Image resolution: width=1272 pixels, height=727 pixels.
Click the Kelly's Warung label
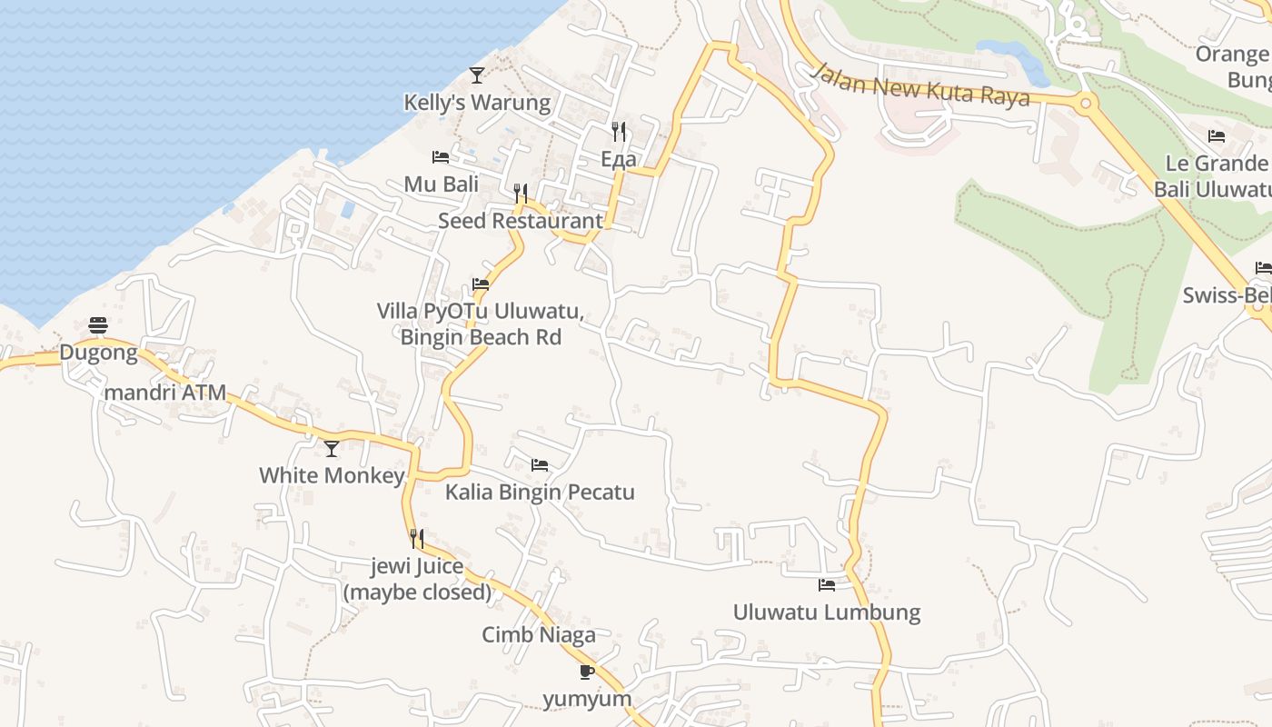click(477, 103)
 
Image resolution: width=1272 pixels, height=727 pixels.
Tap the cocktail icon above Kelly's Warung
click(477, 75)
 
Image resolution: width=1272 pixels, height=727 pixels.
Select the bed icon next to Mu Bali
click(441, 157)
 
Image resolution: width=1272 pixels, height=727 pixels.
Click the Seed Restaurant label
click(520, 221)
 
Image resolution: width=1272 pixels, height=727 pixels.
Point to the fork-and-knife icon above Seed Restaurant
click(521, 193)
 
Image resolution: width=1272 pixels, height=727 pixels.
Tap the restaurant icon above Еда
click(619, 132)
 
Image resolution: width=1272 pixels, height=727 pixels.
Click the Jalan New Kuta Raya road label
click(921, 85)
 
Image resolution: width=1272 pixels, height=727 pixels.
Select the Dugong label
click(98, 353)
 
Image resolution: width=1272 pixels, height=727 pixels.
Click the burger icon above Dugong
click(98, 325)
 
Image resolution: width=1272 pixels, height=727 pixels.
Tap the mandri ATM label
click(165, 393)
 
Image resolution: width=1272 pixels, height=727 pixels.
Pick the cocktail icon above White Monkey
click(332, 448)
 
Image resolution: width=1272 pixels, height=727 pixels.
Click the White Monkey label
click(332, 475)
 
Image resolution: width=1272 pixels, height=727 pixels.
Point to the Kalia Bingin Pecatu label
click(540, 493)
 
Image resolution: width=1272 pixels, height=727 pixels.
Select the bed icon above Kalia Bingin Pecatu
click(540, 465)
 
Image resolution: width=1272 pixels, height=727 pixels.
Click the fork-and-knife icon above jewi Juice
click(417, 539)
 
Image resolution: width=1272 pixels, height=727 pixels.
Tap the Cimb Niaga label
click(539, 634)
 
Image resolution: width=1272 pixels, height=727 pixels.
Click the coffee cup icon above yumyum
click(587, 672)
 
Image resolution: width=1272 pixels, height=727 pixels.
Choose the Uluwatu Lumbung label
click(827, 612)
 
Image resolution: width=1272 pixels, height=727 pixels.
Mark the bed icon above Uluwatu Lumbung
click(827, 584)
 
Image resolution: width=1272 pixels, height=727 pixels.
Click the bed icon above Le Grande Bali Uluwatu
click(1217, 136)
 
